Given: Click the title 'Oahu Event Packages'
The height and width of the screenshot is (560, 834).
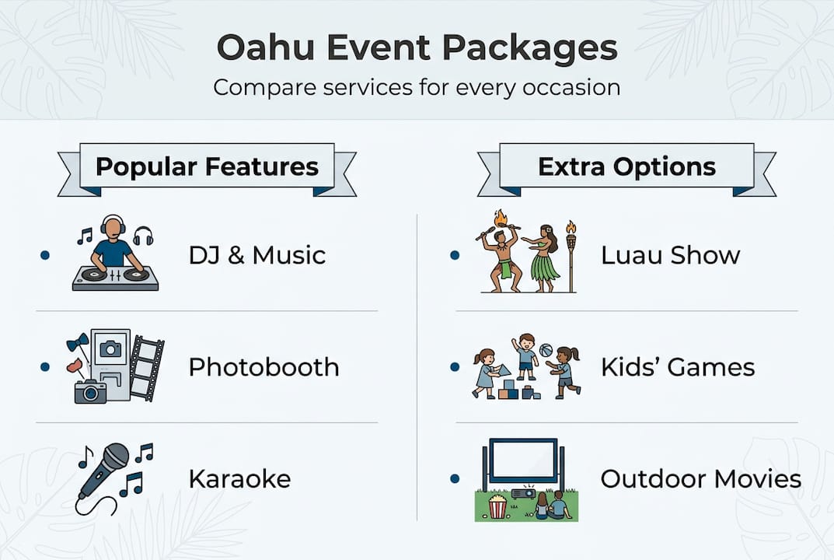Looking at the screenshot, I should (x=417, y=48).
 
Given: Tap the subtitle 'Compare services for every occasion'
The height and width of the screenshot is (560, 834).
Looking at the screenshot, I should (x=417, y=86).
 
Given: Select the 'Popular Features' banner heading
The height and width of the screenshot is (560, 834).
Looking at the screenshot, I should (x=207, y=166).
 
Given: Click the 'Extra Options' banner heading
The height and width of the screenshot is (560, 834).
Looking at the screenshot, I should (x=626, y=166).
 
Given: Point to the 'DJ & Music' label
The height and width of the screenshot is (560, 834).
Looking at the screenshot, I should (x=256, y=255).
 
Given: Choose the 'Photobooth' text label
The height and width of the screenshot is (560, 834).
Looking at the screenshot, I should (x=263, y=366).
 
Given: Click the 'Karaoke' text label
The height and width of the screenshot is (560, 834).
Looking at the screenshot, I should (x=239, y=478).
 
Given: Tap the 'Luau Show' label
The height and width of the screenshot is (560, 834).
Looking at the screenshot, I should (x=670, y=255).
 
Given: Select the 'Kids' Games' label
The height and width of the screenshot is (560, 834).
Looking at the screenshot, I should (x=677, y=366).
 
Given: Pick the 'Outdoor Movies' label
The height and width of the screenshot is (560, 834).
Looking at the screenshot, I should (x=700, y=478).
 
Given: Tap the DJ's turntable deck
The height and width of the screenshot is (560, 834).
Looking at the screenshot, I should (x=115, y=278).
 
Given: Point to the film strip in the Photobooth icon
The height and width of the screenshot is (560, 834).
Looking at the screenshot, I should (x=146, y=368).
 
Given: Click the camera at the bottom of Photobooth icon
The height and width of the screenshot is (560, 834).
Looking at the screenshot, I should (x=90, y=390).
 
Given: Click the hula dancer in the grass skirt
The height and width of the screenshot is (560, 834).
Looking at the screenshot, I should (x=545, y=257).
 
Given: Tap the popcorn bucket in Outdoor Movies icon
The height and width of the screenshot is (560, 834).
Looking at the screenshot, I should (x=497, y=507).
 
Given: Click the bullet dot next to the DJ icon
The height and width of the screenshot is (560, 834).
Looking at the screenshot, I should (x=44, y=255).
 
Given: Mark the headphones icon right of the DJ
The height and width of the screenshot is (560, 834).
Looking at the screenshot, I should (x=143, y=236).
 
